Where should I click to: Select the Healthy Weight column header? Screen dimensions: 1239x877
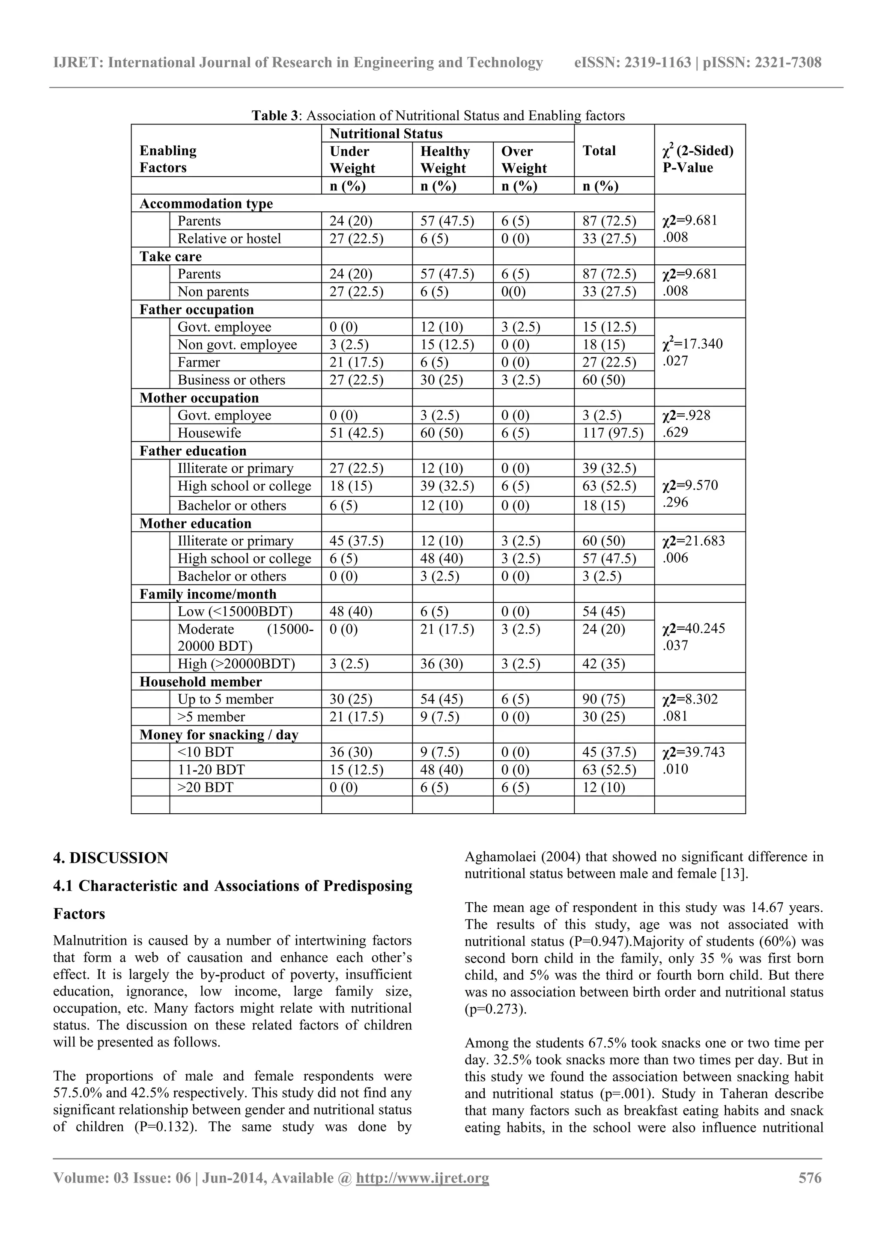point(444,159)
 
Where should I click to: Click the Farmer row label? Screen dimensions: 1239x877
point(199,362)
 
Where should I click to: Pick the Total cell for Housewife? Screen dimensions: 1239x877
point(612,433)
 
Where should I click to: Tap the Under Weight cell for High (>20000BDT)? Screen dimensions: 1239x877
point(349,664)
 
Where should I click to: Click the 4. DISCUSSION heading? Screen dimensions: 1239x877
point(111,858)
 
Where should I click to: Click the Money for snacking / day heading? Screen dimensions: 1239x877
point(219,735)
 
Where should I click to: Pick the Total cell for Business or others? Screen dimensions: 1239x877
point(603,380)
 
